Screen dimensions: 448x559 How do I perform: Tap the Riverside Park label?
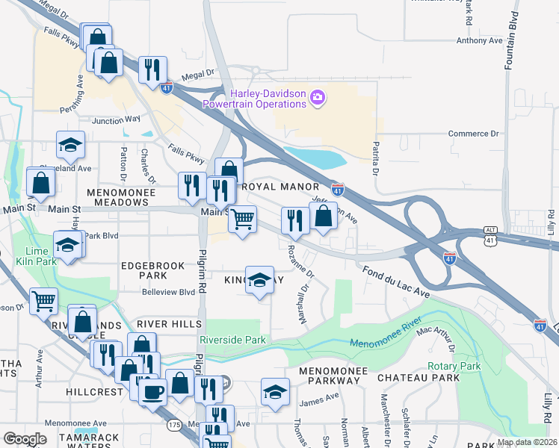[235, 340]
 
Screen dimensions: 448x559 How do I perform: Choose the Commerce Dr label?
[473, 134]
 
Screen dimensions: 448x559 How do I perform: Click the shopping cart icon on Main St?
[241, 220]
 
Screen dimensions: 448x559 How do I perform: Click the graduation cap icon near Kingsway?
[259, 280]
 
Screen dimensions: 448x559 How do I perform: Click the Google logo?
[25, 438]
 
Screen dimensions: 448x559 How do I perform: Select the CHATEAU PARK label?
[418, 378]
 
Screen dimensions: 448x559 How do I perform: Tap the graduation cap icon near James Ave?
[275, 391]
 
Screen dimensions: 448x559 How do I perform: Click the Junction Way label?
[116, 119]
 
